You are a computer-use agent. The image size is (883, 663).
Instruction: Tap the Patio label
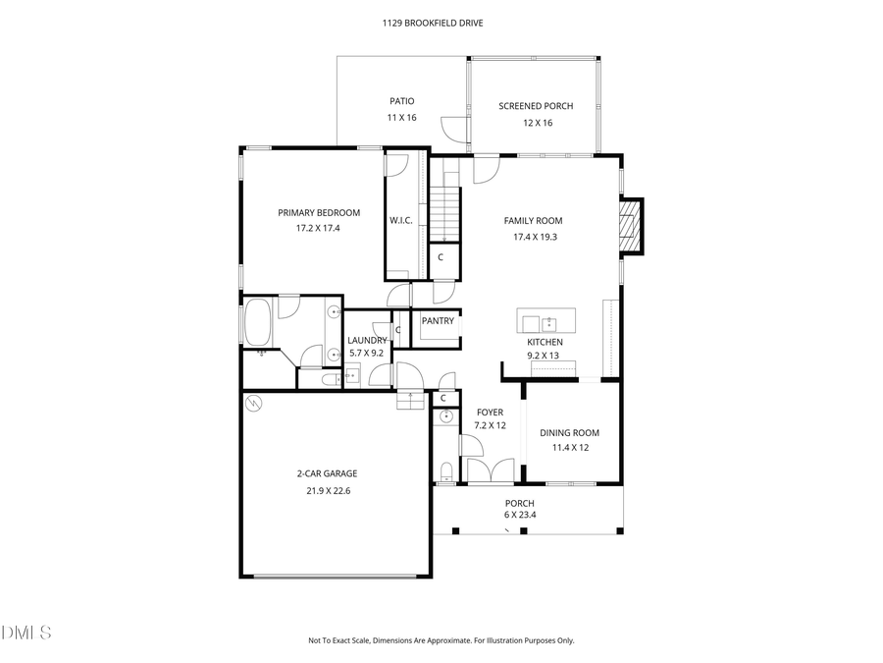[401, 101]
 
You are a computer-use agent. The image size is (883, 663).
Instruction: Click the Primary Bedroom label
[318, 213]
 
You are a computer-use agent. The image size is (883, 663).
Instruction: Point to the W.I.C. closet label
[400, 221]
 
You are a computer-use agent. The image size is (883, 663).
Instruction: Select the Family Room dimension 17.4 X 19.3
[533, 237]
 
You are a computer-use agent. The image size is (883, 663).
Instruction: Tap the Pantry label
[437, 321]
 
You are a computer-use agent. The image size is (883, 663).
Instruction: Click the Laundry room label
[366, 341]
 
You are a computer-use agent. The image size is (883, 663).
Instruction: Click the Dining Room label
[569, 433]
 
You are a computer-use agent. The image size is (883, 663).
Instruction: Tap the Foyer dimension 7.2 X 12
[490, 426]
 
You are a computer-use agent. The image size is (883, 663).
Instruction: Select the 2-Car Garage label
[327, 473]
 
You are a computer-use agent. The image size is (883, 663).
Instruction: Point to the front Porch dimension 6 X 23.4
[519, 516]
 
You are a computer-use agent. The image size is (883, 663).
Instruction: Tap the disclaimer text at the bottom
[441, 640]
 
